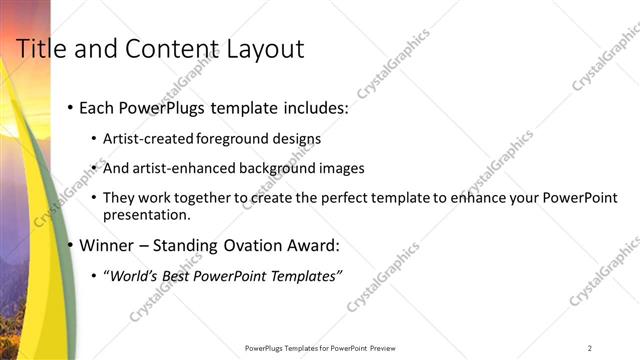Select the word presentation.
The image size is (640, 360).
(x=148, y=215)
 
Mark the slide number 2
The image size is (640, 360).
(x=590, y=348)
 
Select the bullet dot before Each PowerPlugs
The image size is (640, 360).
(x=69, y=107)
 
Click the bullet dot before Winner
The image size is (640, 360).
(x=69, y=245)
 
